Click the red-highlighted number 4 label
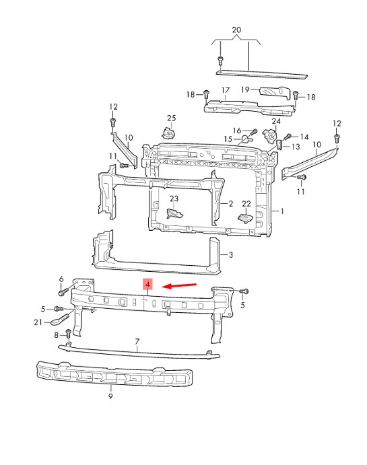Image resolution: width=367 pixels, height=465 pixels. (x=147, y=284)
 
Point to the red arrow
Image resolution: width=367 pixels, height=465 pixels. (x=179, y=285)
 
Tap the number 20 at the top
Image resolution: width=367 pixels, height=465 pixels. (x=236, y=30)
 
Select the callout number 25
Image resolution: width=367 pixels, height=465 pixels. (x=172, y=118)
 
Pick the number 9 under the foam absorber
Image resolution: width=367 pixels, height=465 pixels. (x=110, y=396)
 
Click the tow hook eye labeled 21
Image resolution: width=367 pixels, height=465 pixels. (x=59, y=320)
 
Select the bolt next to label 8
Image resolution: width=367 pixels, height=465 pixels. (x=68, y=334)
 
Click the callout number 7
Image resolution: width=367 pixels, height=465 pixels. (x=137, y=342)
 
